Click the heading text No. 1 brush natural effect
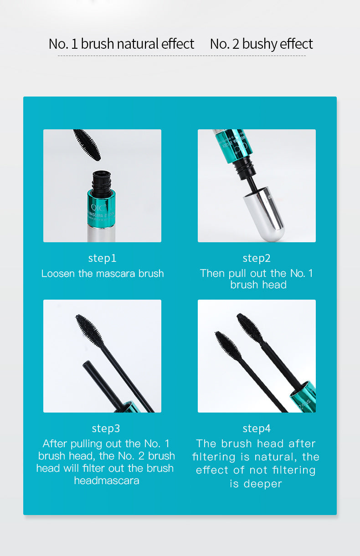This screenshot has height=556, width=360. [x=121, y=44]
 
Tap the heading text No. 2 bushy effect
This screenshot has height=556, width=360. [x=261, y=44]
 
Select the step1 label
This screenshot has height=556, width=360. [x=102, y=258]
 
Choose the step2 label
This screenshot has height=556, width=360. [x=257, y=258]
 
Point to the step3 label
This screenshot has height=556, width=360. [x=106, y=428]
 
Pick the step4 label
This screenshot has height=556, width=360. [x=257, y=428]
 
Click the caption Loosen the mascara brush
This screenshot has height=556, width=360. [x=103, y=274]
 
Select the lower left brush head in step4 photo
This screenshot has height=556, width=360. [x=228, y=345]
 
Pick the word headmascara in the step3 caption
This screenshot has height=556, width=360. [x=107, y=480]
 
